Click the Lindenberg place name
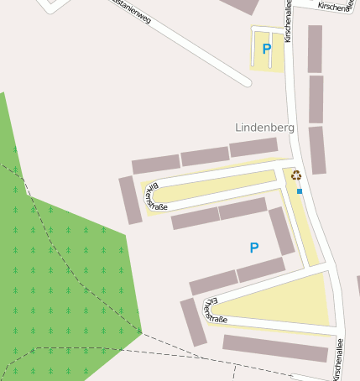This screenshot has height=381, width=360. click(264, 128)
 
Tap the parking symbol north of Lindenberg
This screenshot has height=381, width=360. click(267, 49)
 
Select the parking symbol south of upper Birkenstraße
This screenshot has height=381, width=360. click(254, 248)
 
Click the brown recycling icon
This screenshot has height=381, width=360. click(295, 175)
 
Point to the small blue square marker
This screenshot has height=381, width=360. click(300, 191)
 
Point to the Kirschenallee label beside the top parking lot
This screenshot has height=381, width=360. click(288, 21)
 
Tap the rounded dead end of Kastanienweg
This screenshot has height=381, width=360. click(246, 81)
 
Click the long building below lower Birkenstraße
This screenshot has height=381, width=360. click(274, 347)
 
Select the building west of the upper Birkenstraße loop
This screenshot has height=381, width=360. click(130, 200)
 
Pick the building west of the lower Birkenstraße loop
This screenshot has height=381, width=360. click(193, 322)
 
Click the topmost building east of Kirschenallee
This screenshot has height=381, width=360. click(315, 48)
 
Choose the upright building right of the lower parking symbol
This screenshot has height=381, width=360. click(282, 231)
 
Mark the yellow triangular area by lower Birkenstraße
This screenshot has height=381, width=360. click(285, 302)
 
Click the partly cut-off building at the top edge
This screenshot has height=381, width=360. click(243, 5)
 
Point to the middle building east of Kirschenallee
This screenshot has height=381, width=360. click(316, 99)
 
